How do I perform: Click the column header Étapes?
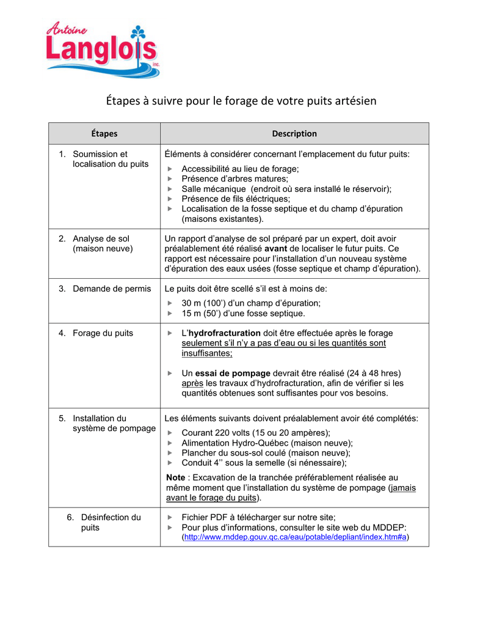pos(104,133)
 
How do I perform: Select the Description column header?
pos(294,133)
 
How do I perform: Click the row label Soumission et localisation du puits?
pos(110,159)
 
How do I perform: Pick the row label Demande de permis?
pos(111,289)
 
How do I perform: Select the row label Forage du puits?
pos(103,333)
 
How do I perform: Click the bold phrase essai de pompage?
pos(233,373)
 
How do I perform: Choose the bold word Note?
pos(176,477)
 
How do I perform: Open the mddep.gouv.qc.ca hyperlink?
pos(296,537)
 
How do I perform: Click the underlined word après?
pos(192,383)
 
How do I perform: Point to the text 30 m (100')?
pos(205,303)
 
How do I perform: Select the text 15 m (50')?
pos(203,314)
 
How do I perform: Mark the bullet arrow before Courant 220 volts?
pos(170,433)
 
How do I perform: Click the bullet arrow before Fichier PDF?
pos(170,517)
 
